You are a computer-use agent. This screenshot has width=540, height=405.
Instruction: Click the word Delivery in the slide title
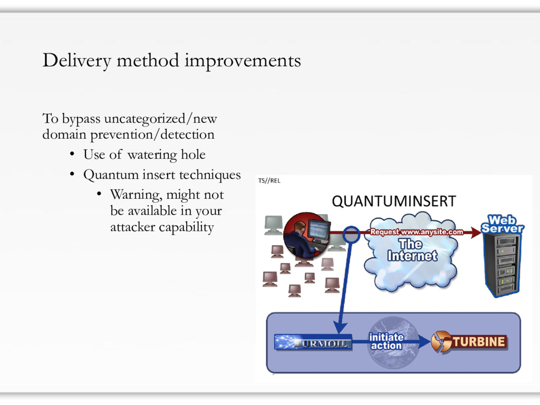click(77, 61)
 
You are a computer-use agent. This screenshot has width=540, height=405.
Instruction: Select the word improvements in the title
click(243, 61)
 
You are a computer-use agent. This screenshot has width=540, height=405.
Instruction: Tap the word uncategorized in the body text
click(144, 119)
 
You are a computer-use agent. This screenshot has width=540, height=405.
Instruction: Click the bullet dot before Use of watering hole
click(72, 154)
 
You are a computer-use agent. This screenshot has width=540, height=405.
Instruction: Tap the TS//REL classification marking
click(269, 180)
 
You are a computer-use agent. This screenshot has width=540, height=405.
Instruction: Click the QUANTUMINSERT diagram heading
click(394, 201)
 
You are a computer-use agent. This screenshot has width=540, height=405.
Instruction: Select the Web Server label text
click(502, 224)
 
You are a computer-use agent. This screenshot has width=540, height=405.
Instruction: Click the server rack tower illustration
click(503, 265)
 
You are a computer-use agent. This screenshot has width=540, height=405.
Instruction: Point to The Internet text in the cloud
click(412, 250)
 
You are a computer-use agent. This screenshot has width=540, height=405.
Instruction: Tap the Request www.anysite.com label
click(417, 232)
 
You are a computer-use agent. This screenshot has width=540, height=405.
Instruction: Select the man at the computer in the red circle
click(306, 235)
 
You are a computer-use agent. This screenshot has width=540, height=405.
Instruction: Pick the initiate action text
click(386, 341)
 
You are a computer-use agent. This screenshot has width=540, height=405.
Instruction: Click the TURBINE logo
click(469, 342)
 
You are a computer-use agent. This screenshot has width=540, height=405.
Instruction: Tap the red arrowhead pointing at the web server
click(476, 233)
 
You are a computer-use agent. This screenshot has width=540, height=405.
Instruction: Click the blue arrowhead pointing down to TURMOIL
click(341, 328)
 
